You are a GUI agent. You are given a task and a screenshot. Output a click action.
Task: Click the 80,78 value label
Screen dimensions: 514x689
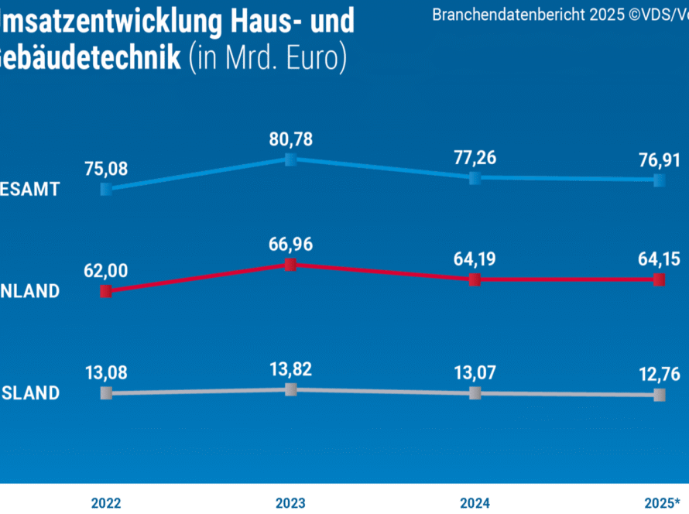pyautogui.click(x=290, y=140)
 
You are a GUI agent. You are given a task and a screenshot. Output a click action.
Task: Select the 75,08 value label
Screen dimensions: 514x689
pyautogui.click(x=107, y=168)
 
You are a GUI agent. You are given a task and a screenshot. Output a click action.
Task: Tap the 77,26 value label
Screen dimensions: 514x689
pyautogui.click(x=475, y=159)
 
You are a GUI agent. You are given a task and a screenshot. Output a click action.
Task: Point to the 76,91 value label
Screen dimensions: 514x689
pyautogui.click(x=659, y=160)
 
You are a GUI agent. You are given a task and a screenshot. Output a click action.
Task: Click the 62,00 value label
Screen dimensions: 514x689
pyautogui.click(x=107, y=271)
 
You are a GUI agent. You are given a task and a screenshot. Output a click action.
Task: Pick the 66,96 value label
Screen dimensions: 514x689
pyautogui.click(x=290, y=245)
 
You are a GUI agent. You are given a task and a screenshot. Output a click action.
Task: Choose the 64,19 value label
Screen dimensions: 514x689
pyautogui.click(x=475, y=259)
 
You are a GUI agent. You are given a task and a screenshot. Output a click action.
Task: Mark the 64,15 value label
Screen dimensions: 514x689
pyautogui.click(x=659, y=259)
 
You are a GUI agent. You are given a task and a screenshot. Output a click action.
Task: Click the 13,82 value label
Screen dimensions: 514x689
pyautogui.click(x=290, y=369)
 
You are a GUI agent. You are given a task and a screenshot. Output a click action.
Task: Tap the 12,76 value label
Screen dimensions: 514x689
pyautogui.click(x=659, y=375)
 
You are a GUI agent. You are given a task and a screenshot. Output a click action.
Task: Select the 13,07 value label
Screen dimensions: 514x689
pyautogui.click(x=475, y=374)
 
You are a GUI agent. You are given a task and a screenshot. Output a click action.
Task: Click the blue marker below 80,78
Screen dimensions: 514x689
pyautogui.click(x=290, y=159)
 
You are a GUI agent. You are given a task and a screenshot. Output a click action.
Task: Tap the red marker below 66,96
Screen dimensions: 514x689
pyautogui.click(x=290, y=265)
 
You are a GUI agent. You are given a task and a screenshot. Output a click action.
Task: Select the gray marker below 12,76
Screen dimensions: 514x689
pyautogui.click(x=659, y=395)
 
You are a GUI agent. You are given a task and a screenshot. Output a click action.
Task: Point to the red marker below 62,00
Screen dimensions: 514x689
pyautogui.click(x=107, y=291)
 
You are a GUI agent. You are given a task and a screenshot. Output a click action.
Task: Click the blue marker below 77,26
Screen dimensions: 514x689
pyautogui.click(x=475, y=178)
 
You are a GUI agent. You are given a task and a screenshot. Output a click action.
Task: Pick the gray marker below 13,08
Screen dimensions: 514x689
pyautogui.click(x=107, y=393)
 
